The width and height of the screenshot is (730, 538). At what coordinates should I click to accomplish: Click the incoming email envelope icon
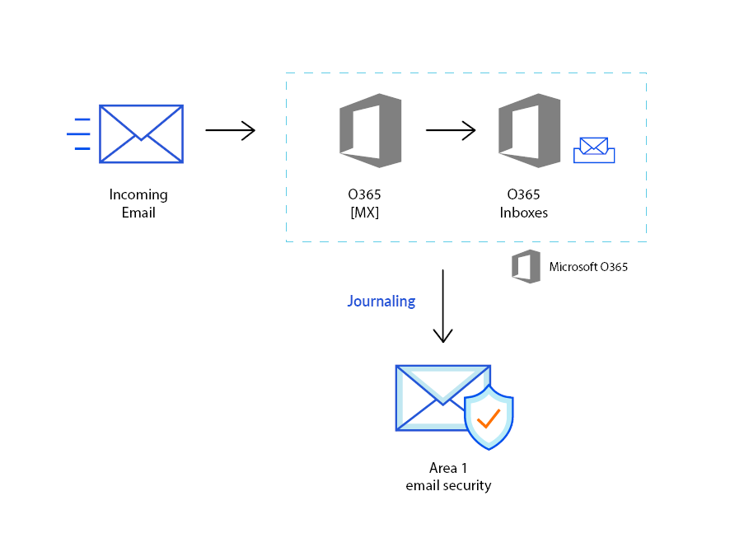(x=141, y=133)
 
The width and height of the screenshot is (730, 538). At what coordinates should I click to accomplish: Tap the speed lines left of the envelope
(x=78, y=133)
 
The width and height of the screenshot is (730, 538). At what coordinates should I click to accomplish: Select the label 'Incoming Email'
(x=138, y=204)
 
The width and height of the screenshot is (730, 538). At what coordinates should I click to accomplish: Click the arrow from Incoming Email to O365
(x=230, y=130)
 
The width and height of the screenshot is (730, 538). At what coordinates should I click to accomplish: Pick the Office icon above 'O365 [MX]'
(x=370, y=130)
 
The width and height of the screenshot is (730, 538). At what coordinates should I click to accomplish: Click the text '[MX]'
(x=364, y=213)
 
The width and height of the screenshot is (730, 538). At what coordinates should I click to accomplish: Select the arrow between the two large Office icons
(x=451, y=130)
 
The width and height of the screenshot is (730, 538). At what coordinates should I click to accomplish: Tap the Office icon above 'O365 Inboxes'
(x=529, y=130)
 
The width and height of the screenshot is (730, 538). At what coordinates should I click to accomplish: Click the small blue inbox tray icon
(x=594, y=150)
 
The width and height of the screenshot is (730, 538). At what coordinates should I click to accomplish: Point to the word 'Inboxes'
(x=524, y=213)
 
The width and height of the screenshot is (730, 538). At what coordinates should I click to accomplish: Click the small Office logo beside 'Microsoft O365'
(x=526, y=266)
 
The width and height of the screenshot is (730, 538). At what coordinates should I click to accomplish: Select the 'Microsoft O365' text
(x=588, y=266)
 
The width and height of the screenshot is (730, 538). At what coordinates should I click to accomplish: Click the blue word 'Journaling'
(x=381, y=302)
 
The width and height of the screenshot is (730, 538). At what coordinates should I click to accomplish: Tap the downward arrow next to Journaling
(x=443, y=306)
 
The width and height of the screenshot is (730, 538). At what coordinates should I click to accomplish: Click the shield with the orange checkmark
(x=489, y=418)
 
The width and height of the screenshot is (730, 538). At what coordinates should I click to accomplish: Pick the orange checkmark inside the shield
(x=489, y=419)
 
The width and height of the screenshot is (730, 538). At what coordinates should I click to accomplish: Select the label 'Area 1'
(x=448, y=468)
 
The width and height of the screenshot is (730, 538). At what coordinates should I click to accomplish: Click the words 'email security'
(x=448, y=485)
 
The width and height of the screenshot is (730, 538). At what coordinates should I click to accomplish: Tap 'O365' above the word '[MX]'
(x=364, y=195)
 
